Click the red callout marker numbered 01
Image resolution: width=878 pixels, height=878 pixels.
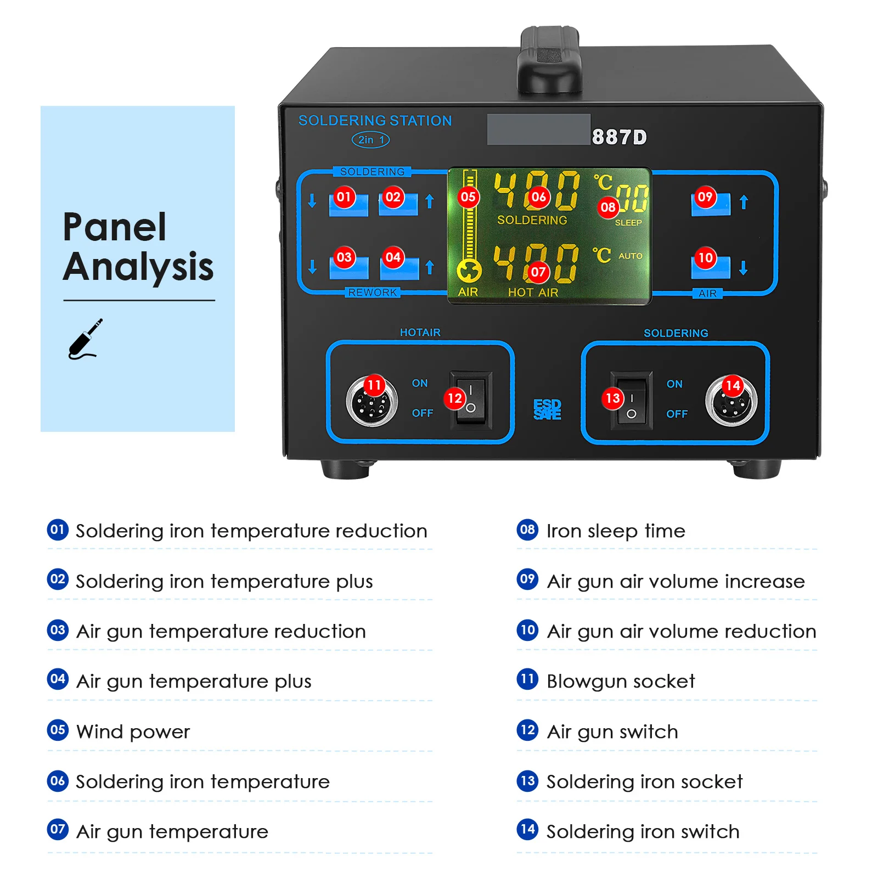point(344,196)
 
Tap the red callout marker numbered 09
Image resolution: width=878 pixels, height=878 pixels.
point(705,196)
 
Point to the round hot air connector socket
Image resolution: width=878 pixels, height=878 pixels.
point(372,401)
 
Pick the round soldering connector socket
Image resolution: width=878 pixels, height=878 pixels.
point(731,401)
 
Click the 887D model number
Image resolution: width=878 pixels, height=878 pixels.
point(620,137)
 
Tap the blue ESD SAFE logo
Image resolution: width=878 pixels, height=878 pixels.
point(547,409)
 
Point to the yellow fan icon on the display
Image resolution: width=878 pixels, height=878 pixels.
point(469,271)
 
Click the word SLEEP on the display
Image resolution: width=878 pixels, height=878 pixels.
point(628,223)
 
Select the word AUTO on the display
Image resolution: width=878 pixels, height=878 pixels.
point(631,256)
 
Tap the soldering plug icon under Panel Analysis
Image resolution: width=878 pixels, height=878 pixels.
point(85,340)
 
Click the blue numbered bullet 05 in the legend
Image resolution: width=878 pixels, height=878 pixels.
point(58,730)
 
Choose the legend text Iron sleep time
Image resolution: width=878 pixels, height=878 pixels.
point(616,531)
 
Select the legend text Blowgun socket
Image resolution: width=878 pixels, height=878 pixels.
point(621,681)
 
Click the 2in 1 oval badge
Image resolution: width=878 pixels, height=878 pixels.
point(370,140)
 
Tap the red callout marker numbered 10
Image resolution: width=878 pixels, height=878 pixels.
point(705,257)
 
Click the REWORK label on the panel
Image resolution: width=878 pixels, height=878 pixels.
point(372,292)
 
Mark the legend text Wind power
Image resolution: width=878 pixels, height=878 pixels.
point(133,731)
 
